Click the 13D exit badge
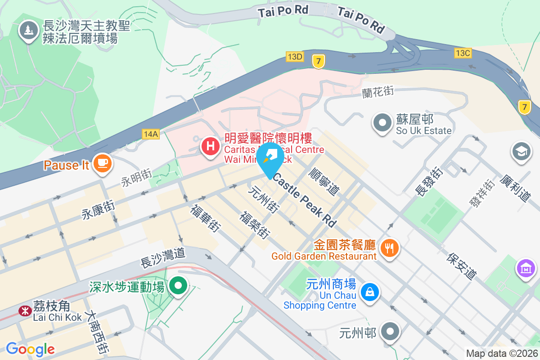[x=295, y=57]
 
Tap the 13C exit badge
[x=463, y=53]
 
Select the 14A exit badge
[x=150, y=134]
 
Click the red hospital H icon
[x=210, y=146]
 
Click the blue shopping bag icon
[x=369, y=292]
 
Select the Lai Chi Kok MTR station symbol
[x=24, y=310]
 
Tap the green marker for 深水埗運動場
[x=179, y=285]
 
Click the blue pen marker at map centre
[x=270, y=158]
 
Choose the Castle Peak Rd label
[x=305, y=201]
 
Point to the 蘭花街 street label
[x=378, y=91]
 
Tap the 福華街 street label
[x=205, y=218]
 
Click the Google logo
[x=30, y=349]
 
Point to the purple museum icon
[x=526, y=269]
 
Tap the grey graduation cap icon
[x=522, y=152]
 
